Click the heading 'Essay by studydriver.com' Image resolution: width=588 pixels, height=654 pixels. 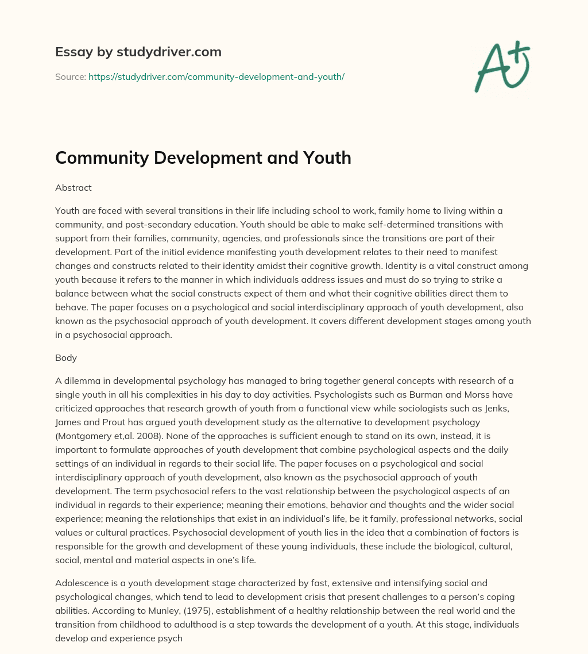[138, 52]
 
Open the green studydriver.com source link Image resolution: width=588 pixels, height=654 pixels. [216, 76]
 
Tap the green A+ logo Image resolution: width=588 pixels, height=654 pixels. [501, 66]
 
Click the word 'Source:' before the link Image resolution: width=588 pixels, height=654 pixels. [70, 76]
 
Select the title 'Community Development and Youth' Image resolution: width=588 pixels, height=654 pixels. [203, 157]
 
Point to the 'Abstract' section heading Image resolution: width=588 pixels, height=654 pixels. [73, 187]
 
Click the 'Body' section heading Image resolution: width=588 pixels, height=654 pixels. [66, 357]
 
